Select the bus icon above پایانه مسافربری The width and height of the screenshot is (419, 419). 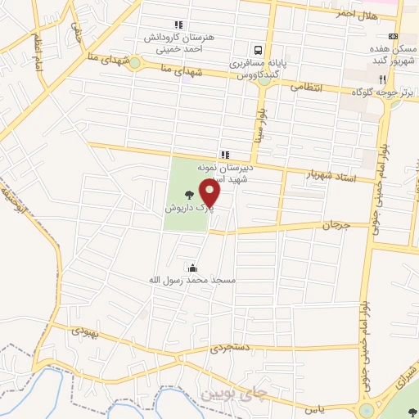click(x=258, y=48)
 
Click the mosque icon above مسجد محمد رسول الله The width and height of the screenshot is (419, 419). click(x=192, y=267)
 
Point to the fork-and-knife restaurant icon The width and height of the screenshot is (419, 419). click(x=381, y=79)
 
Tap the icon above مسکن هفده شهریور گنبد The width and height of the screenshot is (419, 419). click(x=393, y=36)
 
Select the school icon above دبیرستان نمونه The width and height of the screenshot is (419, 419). click(x=224, y=154)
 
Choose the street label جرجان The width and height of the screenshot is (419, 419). click(x=336, y=224)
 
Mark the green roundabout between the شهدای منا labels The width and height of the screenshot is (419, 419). click(x=135, y=62)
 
